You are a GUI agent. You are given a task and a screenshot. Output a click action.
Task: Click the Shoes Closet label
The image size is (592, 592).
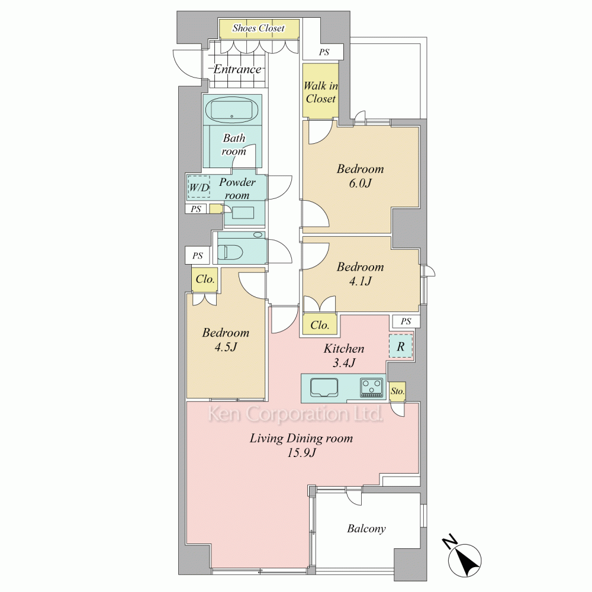pos(259,28)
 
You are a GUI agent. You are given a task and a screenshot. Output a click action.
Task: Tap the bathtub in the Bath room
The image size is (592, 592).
pos(232,110)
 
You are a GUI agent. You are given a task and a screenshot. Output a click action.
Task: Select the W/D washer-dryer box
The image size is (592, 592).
pos(198,187)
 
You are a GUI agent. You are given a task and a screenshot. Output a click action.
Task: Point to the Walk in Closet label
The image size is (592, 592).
pos(320,92)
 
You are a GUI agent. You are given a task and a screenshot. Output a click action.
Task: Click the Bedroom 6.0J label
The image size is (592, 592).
pos(360,176)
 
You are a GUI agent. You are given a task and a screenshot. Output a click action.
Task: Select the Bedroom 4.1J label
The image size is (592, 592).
pos(360,274)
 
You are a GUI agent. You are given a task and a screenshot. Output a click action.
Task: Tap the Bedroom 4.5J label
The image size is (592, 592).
pos(226,339)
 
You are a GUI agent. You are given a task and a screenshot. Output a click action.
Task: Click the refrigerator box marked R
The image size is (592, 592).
pos(401,346)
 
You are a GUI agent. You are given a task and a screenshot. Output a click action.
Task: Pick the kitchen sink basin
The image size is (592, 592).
pos(324,388)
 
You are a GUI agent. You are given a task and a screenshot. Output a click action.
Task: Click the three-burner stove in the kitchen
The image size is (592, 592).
pos(372,387)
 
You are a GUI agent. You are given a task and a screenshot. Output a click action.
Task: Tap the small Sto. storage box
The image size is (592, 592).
pos(397,391)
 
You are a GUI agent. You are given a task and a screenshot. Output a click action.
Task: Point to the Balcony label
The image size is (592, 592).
pos(366,529)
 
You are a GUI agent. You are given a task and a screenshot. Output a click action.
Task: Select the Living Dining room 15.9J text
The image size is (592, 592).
pos(301,445)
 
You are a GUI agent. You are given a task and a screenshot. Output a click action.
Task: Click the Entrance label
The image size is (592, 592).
pos(237,69)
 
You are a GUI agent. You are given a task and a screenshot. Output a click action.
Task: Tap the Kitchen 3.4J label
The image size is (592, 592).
pos(344,355)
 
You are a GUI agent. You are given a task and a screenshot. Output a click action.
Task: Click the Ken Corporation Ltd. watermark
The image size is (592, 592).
pos(295,414)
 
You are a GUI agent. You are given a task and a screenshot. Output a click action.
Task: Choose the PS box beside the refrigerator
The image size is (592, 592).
pos(406,321)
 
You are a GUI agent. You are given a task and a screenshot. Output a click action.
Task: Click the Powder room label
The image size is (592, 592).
pos(237,188)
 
